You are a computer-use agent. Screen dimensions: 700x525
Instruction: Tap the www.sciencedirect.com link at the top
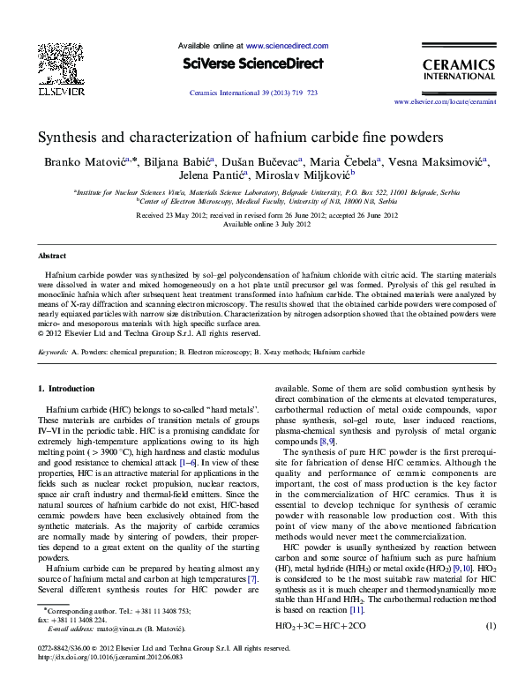[288, 45]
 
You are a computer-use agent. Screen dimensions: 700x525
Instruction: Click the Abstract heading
[51, 255]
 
